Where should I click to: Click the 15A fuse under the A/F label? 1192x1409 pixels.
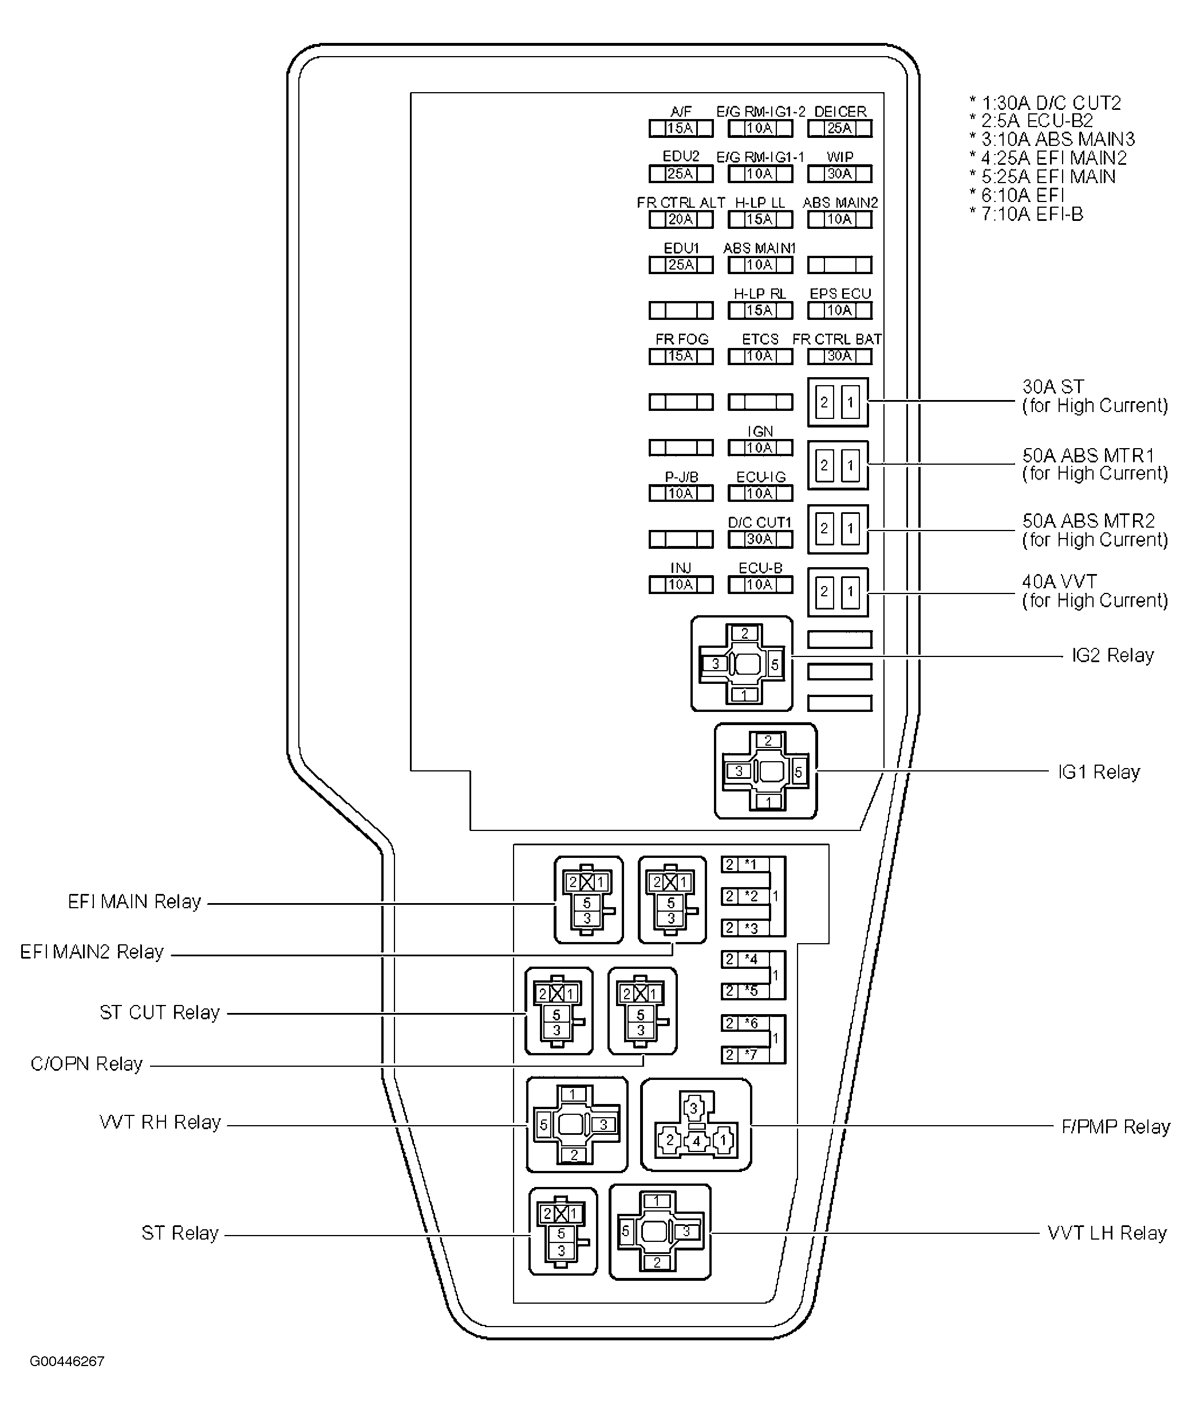[681, 128]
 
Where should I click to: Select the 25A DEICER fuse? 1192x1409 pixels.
[839, 128]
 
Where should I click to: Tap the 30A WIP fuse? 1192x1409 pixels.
[839, 173]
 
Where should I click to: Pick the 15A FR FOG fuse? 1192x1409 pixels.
[681, 356]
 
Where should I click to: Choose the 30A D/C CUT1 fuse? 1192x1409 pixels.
[760, 539]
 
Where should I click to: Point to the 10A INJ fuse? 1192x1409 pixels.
[681, 584]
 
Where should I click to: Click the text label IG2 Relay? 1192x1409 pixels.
[1112, 655]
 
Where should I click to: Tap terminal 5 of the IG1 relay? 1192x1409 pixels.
[798, 771]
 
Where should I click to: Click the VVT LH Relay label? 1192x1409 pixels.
[1107, 1233]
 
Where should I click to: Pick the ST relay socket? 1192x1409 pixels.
[562, 1232]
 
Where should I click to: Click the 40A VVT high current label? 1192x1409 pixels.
[1094, 591]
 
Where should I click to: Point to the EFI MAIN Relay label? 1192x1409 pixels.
[135, 902]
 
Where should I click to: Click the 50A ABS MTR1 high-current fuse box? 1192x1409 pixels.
[837, 465]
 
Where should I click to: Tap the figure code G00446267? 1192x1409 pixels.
[67, 1361]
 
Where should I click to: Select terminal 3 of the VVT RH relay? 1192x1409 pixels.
[603, 1124]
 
